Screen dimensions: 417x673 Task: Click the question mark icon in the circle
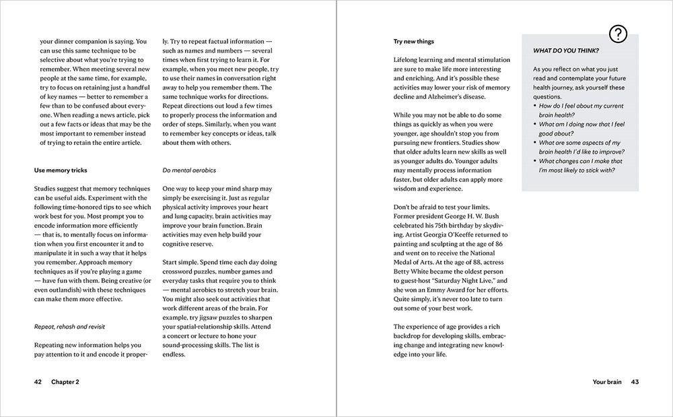618,33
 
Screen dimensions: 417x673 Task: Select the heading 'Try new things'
414,42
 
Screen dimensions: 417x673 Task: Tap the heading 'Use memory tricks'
61,170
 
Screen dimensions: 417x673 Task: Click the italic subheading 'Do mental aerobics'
190,170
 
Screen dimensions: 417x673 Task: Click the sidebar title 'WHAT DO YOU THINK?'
566,51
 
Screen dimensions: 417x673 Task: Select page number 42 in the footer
38,382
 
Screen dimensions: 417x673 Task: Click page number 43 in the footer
634,382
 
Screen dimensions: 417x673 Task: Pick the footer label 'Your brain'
607,382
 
